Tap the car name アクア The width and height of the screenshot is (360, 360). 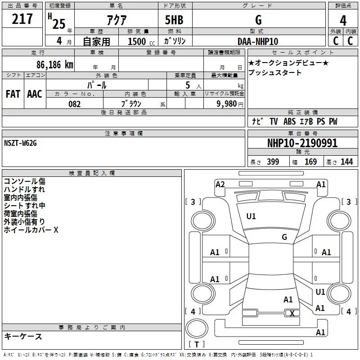[x=116, y=20]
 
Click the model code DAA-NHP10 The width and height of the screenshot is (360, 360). [x=258, y=41]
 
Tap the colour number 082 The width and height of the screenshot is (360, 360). [x=74, y=104]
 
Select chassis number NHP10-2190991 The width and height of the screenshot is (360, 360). [x=302, y=143]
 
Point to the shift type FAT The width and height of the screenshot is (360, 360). [x=13, y=94]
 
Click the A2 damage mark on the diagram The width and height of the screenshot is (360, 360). [x=220, y=184]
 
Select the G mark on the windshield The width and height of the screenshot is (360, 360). [x=284, y=237]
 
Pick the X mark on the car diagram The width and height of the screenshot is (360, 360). [x=292, y=314]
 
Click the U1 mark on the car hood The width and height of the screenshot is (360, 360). [x=251, y=216]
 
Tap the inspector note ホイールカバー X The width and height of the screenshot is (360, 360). [x=31, y=230]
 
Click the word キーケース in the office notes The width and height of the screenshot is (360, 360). [x=23, y=336]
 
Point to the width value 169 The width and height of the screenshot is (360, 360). [x=310, y=162]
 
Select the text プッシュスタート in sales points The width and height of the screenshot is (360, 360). [x=275, y=72]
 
